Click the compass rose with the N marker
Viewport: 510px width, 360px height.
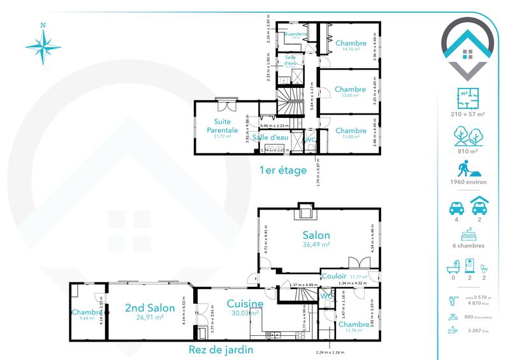click(x=43, y=47)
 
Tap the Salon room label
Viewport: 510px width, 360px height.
click(x=316, y=235)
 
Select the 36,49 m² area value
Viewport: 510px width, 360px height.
click(x=316, y=245)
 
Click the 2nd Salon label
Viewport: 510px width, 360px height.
click(x=142, y=307)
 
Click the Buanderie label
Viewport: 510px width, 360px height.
click(x=296, y=34)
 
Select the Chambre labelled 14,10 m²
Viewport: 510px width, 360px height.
click(x=350, y=43)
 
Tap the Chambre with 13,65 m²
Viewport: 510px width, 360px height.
click(x=350, y=89)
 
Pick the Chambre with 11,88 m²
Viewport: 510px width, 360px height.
click(x=350, y=131)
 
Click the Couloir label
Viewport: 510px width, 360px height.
click(x=333, y=277)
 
